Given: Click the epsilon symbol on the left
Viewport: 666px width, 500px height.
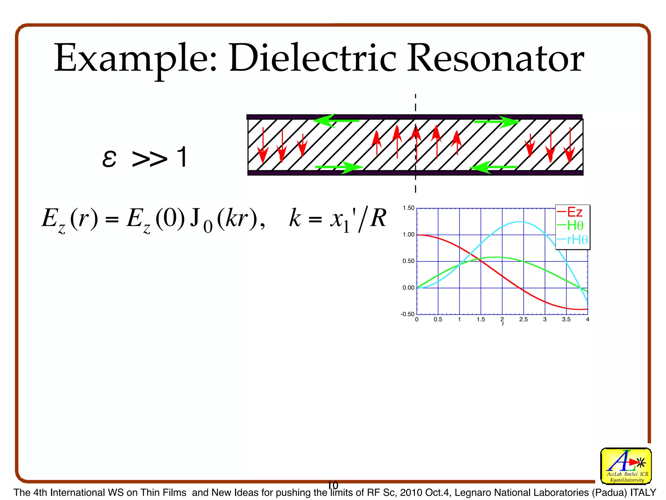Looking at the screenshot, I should pos(109,159).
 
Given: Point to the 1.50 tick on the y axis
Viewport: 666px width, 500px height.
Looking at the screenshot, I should pos(408,208).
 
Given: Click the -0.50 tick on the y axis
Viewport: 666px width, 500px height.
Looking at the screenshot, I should pos(407,314).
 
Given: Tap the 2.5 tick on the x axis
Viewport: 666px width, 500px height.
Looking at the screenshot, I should pos(523,320).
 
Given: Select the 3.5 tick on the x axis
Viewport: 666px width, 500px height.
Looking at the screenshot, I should pos(566,320).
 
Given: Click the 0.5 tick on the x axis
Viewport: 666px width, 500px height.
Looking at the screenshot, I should pos(438,320).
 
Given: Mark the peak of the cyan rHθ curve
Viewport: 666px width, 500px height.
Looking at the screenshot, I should pos(519,222).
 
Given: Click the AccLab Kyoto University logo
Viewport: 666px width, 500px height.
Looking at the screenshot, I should pos(626,466).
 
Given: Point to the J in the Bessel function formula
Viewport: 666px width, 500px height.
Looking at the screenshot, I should pos(195,218).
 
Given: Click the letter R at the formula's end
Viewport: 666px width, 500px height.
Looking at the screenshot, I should pos(378,218).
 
